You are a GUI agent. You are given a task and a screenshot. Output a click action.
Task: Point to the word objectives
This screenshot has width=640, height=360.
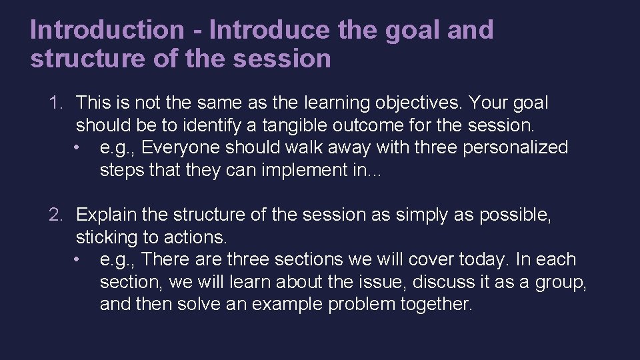pos(411,103)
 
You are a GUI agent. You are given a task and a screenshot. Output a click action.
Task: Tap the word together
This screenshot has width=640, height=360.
pos(437,305)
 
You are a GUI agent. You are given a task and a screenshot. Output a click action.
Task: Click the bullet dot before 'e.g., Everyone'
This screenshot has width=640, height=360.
pos(79,148)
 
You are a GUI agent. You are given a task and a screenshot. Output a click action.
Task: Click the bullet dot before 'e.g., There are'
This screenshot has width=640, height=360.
pos(79,260)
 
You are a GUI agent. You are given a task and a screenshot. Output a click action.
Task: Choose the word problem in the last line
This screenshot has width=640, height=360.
pos(361,305)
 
